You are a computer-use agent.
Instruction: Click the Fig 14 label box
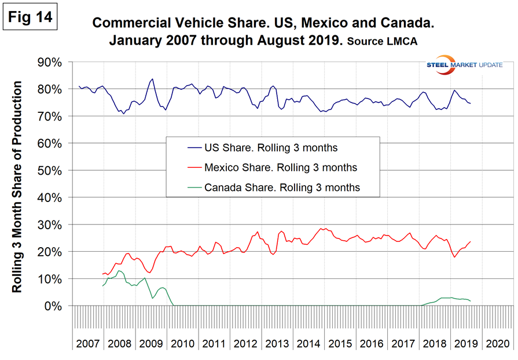[30, 16]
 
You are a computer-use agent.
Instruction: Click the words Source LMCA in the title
[390, 43]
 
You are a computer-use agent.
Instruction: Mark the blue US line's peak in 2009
[152, 79]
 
